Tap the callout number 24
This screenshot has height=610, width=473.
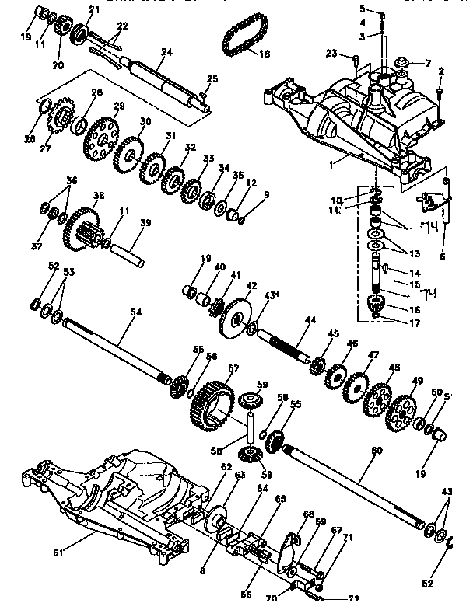[165, 53]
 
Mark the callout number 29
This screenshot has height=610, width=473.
[119, 106]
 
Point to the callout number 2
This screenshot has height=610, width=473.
[440, 71]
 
